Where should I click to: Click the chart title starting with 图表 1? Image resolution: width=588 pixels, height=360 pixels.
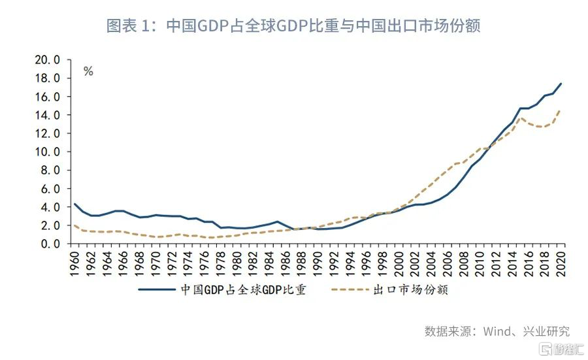click(293, 25)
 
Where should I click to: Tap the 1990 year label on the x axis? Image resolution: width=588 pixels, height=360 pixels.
click(318, 261)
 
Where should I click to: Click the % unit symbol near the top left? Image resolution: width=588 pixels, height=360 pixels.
click(88, 71)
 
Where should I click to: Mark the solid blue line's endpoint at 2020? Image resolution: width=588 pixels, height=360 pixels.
click(562, 84)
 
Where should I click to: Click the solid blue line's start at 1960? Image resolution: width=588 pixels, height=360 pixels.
click(74, 204)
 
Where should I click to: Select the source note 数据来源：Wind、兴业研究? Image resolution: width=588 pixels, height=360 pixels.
click(497, 331)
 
